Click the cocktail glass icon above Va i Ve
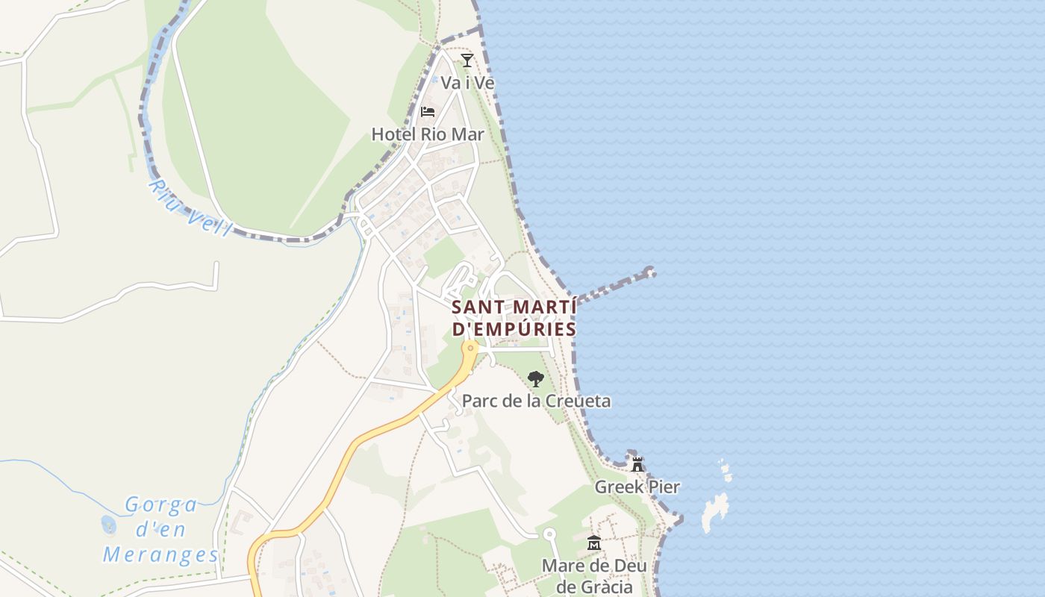point(467,60)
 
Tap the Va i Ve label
point(467,82)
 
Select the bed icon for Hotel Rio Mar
point(428,112)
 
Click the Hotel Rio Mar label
point(428,134)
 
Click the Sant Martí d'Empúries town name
point(514,318)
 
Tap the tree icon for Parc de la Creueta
point(535,379)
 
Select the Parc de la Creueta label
point(536,401)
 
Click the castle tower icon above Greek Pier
point(637,464)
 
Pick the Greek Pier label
point(637,487)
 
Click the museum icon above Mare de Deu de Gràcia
point(594,543)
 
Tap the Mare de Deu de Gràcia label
point(594,575)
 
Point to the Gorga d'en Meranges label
point(160,530)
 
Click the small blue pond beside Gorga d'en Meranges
point(109,525)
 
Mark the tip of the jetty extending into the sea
point(651,272)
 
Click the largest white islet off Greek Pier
point(714,513)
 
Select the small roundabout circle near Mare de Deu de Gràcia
point(550,534)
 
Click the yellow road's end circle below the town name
point(470,347)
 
